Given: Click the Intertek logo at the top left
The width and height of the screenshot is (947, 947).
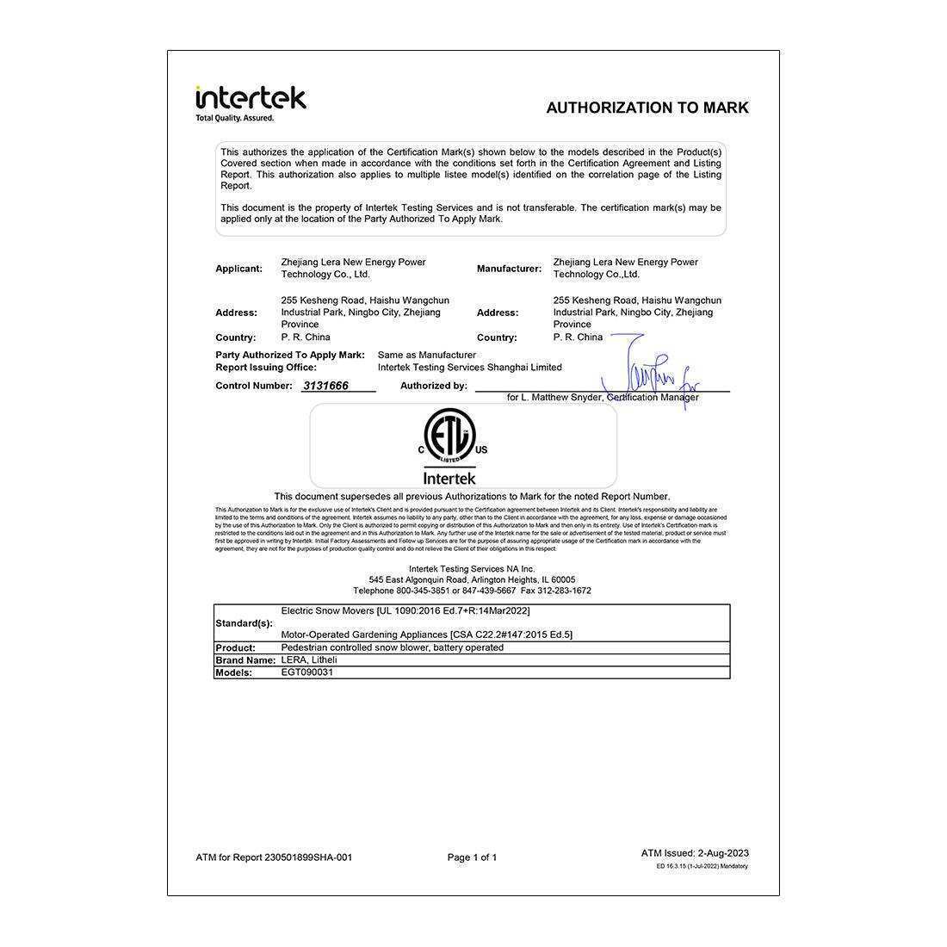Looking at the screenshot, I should point(251,98).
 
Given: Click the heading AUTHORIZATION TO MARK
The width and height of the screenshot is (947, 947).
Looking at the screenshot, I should point(647,108).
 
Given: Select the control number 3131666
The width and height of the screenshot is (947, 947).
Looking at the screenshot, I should point(325,386).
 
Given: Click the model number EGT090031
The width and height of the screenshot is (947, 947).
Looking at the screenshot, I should point(306,672).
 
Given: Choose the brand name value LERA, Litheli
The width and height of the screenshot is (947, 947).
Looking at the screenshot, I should point(309,660).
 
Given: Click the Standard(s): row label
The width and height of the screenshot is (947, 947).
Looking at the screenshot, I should point(244,623).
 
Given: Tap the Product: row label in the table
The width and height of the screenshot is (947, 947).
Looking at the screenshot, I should point(235,648).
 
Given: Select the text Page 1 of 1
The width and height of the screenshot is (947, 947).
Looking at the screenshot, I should point(472,857).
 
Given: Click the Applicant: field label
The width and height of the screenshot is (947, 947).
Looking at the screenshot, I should point(238,269).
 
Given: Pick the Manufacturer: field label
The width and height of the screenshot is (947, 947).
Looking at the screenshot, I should point(509,269).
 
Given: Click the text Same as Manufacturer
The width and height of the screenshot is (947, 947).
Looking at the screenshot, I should point(426,355).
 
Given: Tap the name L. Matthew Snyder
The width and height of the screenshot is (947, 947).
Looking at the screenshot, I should point(560,398).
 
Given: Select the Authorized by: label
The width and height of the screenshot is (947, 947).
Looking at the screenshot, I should point(433,386).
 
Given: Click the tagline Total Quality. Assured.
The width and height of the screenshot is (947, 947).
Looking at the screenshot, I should point(234,118).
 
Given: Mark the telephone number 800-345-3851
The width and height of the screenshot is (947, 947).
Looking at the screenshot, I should point(423,591).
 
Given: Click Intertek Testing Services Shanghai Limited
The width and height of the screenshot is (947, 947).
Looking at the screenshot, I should point(469,368).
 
